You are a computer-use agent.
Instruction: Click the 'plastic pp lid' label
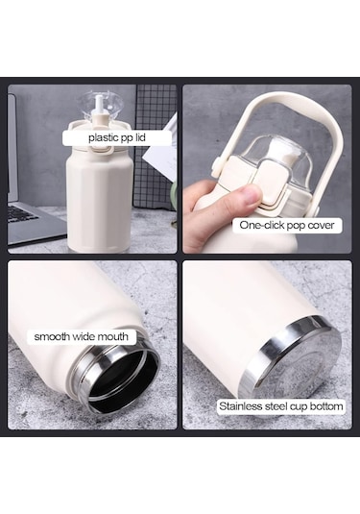pos(117,137)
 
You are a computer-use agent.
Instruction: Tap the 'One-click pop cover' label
pos(287,225)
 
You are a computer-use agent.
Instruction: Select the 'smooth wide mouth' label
pos(82,336)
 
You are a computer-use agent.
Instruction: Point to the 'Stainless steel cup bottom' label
pos(281,406)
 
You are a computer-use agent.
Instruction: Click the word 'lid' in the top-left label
pos(140,137)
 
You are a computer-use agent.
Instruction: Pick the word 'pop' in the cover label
pos(296,226)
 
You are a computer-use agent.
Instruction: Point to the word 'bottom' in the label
pos(325,406)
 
